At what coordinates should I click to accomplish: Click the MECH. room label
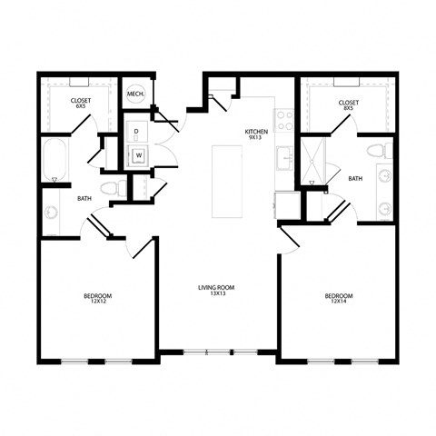coord(135,94)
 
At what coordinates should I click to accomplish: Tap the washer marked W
coord(140,155)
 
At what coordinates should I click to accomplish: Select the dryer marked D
coord(136,133)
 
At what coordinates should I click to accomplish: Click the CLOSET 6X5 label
coord(80,104)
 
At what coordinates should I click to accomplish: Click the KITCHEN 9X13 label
coord(257,135)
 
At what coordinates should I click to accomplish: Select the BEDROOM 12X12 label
coord(99,299)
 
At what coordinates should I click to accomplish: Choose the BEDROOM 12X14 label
coord(338,299)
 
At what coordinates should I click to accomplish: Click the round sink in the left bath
coord(51,215)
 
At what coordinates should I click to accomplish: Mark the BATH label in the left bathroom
coord(84,198)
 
